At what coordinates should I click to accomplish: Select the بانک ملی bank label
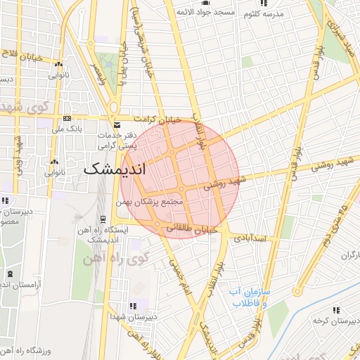click(69, 129)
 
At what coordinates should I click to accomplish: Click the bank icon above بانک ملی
click(67, 118)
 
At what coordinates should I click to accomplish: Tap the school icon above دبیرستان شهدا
click(131, 306)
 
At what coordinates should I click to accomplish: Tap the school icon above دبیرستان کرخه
click(336, 309)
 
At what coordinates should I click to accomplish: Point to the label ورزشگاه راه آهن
click(28, 349)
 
